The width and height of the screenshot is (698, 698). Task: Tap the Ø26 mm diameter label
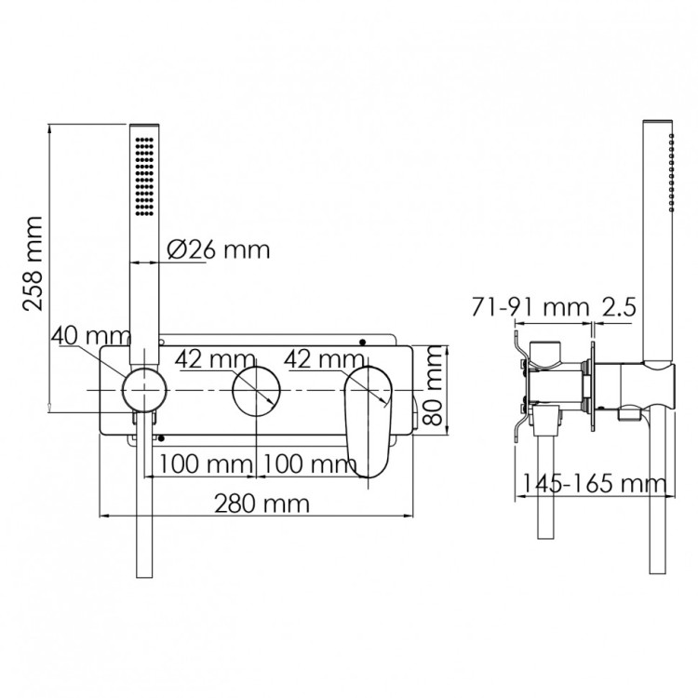click(x=219, y=250)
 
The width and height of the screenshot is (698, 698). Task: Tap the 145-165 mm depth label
click(x=594, y=483)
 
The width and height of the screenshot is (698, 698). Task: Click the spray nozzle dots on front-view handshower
click(x=144, y=177)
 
